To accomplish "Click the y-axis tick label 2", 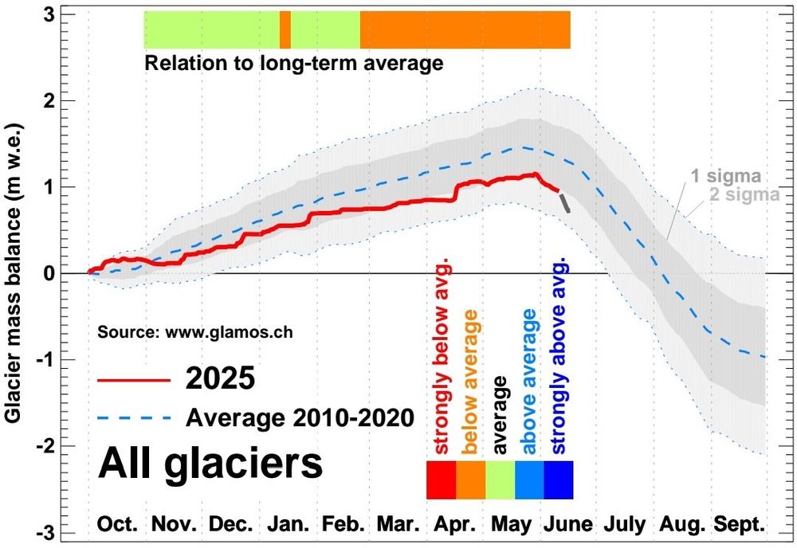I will click(69, 100).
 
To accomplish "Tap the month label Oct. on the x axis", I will click(117, 524).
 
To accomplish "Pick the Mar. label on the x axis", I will click(399, 524).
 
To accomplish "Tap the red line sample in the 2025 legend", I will click(134, 379).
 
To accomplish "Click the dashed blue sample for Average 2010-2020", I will click(134, 417).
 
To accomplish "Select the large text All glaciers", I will click(210, 464).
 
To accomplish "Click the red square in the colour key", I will click(442, 479).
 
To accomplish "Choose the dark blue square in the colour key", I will click(558, 479).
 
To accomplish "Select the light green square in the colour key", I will click(500, 479).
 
